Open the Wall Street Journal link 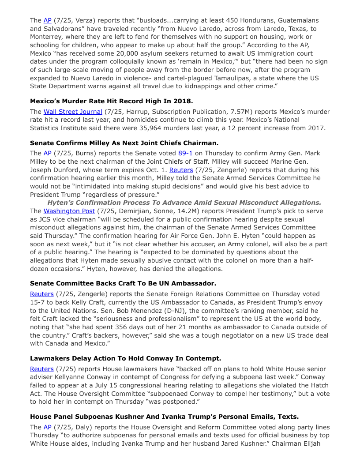click(73, 112)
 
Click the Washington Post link click(69, 211)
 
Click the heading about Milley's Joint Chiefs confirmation click(124, 143)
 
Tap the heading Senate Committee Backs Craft click(123, 283)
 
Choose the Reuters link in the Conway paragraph click(41, 368)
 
